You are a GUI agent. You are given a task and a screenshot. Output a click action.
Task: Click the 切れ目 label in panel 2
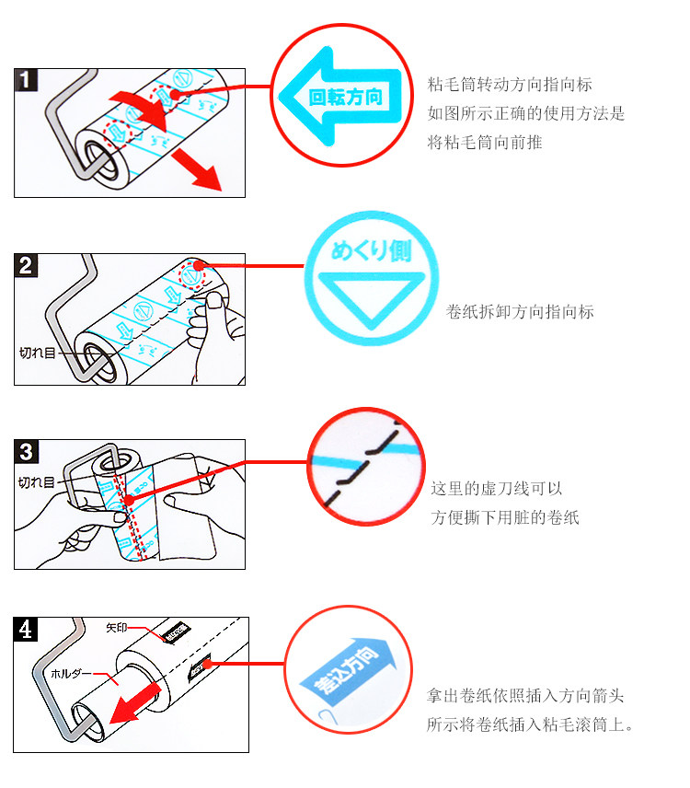pyautogui.click(x=38, y=351)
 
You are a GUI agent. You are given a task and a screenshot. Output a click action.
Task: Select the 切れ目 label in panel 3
pyautogui.click(x=37, y=481)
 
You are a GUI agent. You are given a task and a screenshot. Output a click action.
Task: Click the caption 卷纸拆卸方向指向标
pyautogui.click(x=519, y=312)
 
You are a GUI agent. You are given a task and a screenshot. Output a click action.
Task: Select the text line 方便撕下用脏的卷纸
pyautogui.click(x=504, y=517)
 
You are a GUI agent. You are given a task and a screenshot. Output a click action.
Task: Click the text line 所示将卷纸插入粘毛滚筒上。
pyautogui.click(x=531, y=724)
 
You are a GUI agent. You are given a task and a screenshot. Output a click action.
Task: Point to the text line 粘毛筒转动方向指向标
pyautogui.click(x=510, y=85)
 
